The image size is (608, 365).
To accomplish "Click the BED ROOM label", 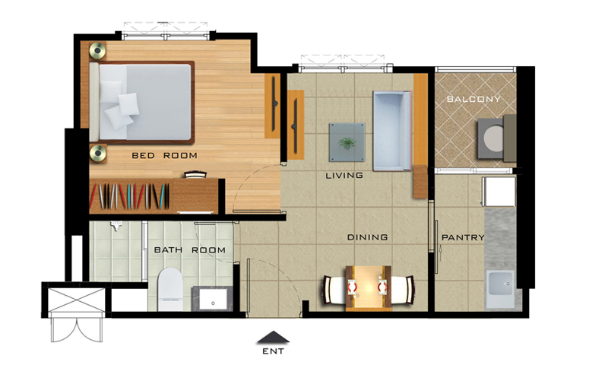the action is pos(164,156).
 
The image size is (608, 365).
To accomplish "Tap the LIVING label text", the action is pos(344,176).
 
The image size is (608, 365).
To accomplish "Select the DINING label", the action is pos(367,237).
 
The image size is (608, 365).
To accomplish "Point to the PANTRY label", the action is pos(463,237).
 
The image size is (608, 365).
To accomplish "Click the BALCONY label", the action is pos(473,99).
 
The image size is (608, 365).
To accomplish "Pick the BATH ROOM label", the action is pos(189,250).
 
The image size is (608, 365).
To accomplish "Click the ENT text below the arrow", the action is pos(274,351).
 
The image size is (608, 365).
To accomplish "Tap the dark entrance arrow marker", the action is pos(274,337).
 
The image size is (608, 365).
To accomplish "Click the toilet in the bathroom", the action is pos(170,289).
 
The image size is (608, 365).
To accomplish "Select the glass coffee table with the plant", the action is pos(347,142).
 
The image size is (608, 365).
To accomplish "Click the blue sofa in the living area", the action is pos(392,131).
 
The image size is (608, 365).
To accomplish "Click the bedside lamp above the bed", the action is pos(97,50).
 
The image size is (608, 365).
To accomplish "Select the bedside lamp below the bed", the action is pos(98,153).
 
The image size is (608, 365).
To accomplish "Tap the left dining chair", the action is pos(334,290).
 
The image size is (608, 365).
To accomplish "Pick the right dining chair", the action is pos(403,290).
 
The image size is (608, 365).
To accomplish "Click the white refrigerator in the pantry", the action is pos(499,192).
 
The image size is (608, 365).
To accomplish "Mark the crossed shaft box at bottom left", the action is pos(77,300).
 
